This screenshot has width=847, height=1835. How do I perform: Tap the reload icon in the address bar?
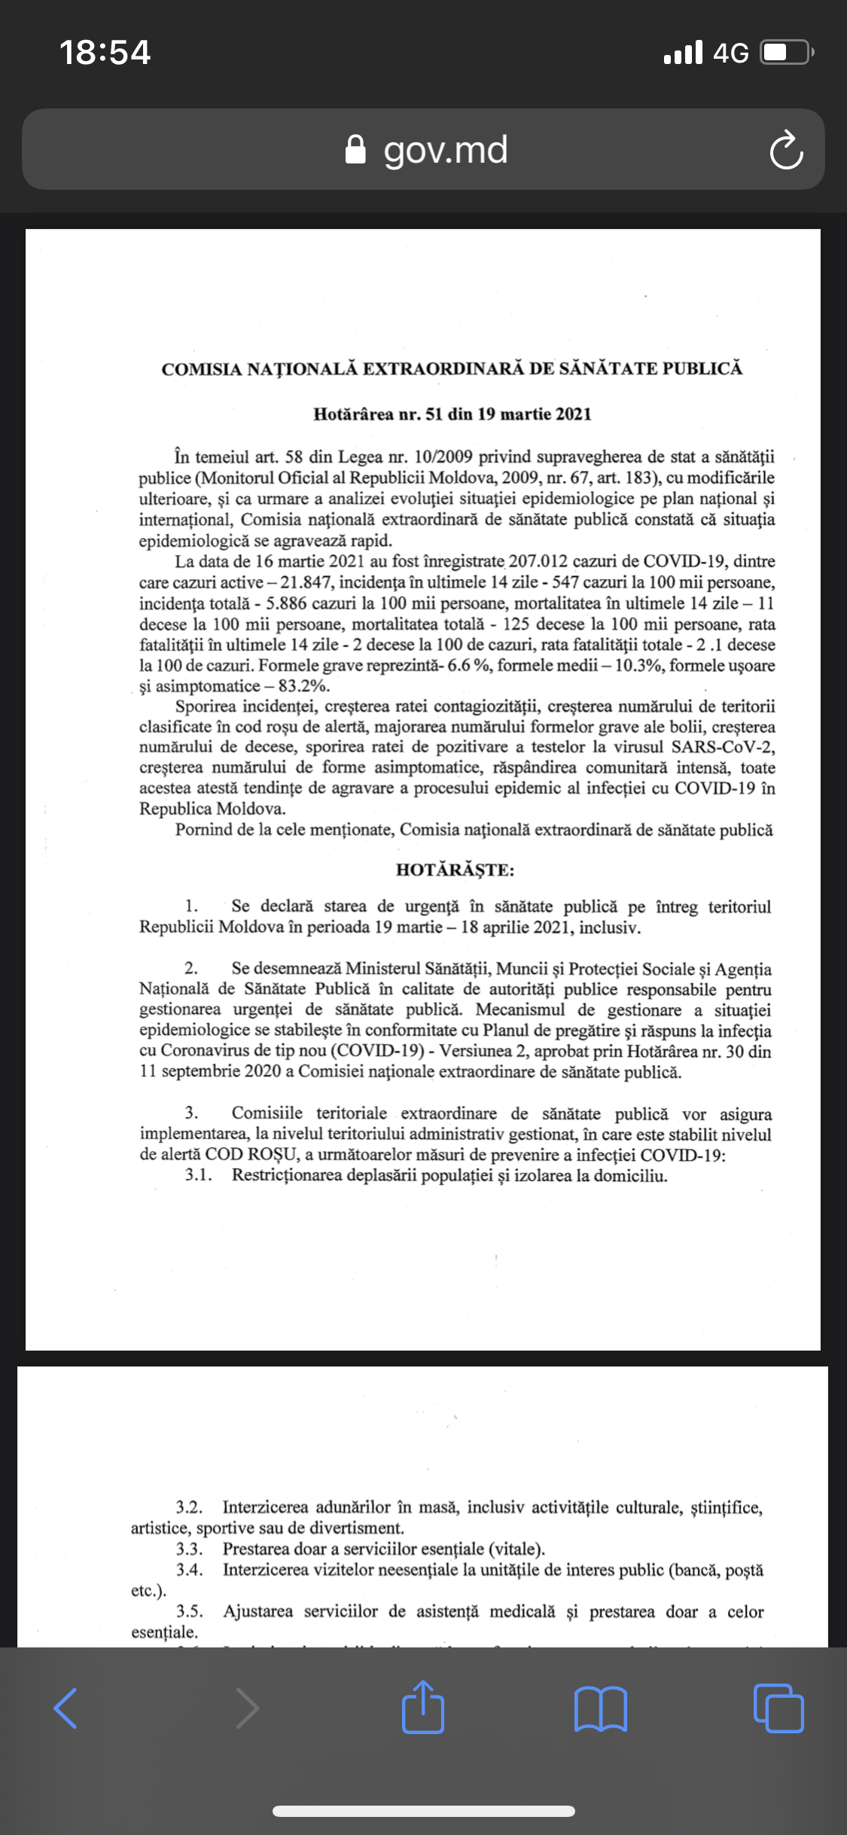click(786, 150)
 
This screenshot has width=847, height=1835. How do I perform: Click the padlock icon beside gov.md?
click(355, 150)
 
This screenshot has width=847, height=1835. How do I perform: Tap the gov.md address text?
click(446, 150)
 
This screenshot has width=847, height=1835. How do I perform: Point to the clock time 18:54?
click(105, 53)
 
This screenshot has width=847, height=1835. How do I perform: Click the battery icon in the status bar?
click(787, 53)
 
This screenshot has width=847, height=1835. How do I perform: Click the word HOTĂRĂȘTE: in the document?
click(455, 870)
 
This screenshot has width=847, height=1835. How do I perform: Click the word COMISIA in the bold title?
click(201, 369)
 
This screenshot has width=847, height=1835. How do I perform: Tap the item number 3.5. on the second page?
click(190, 1611)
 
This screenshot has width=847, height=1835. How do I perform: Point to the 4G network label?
click(730, 53)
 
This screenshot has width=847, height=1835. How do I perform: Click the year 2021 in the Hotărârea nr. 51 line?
click(573, 414)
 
